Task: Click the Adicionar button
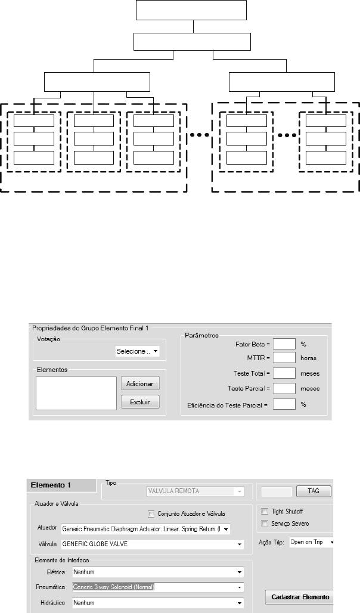tap(141, 383)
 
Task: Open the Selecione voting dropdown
tap(137, 352)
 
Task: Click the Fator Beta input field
tap(284, 344)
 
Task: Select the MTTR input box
tap(284, 358)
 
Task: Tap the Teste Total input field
tap(284, 373)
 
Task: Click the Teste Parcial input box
tap(284, 388)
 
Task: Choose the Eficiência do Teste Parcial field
tap(284, 404)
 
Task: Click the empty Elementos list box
tap(75, 393)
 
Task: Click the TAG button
tap(314, 492)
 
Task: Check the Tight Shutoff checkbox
tap(265, 511)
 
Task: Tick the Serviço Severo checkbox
tap(265, 523)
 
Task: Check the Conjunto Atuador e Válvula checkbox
tap(151, 513)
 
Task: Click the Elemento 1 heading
tap(51, 485)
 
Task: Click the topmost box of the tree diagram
tap(191, 11)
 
